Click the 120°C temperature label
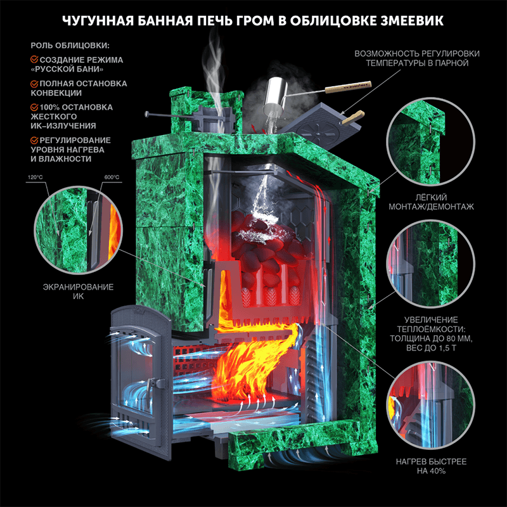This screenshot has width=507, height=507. (35, 177)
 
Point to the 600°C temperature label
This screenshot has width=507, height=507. (112, 177)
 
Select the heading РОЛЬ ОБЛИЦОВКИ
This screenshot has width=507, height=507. (70, 46)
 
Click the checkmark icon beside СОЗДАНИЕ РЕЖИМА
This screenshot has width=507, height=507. (34, 60)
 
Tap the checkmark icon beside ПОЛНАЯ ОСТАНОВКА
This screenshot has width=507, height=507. (34, 84)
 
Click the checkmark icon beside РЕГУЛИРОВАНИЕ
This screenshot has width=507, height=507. (34, 140)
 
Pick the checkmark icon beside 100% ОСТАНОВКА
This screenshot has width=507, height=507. (34, 107)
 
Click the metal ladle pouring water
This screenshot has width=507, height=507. (276, 94)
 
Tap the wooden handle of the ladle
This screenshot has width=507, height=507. (347, 87)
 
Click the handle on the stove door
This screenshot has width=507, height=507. (150, 392)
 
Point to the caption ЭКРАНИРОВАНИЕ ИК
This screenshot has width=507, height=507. (78, 292)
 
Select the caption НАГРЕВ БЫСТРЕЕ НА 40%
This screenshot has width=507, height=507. (432, 466)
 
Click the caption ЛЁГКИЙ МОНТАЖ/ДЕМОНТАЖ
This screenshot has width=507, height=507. (432, 202)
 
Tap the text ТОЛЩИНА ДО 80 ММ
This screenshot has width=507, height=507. (432, 338)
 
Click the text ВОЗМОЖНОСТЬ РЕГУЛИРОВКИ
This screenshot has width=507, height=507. (417, 54)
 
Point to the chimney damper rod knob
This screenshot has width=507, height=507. (147, 114)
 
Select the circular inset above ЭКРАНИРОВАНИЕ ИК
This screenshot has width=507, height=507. (79, 230)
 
